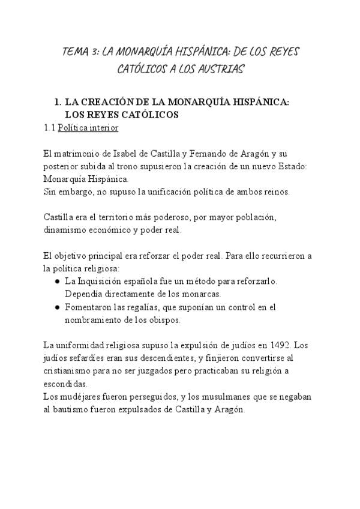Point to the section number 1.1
pos(50,128)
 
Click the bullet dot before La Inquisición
pos(56,281)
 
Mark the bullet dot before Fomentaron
pos(56,307)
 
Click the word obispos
pos(163,320)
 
